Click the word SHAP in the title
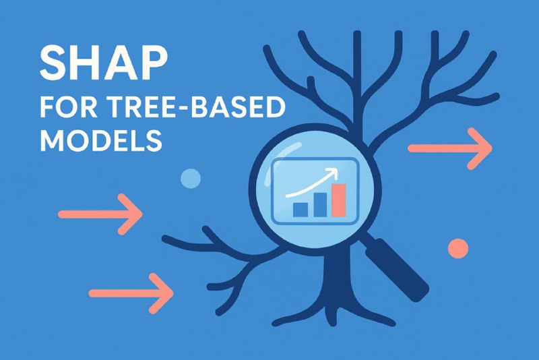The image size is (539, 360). [x=104, y=63]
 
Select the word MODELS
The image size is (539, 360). [x=101, y=140]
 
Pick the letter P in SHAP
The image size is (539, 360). [x=154, y=63]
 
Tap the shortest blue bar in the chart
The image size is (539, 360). [x=300, y=210]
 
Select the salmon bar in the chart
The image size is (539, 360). [x=339, y=200]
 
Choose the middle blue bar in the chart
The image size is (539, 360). [x=319, y=205]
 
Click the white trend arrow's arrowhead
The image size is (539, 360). [x=332, y=173]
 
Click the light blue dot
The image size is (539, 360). [x=191, y=179]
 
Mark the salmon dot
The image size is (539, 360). [x=458, y=248]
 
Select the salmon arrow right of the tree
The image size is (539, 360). [x=449, y=148]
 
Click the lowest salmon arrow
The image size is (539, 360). [x=131, y=293]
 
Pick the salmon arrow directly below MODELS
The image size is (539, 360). [x=100, y=214]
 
